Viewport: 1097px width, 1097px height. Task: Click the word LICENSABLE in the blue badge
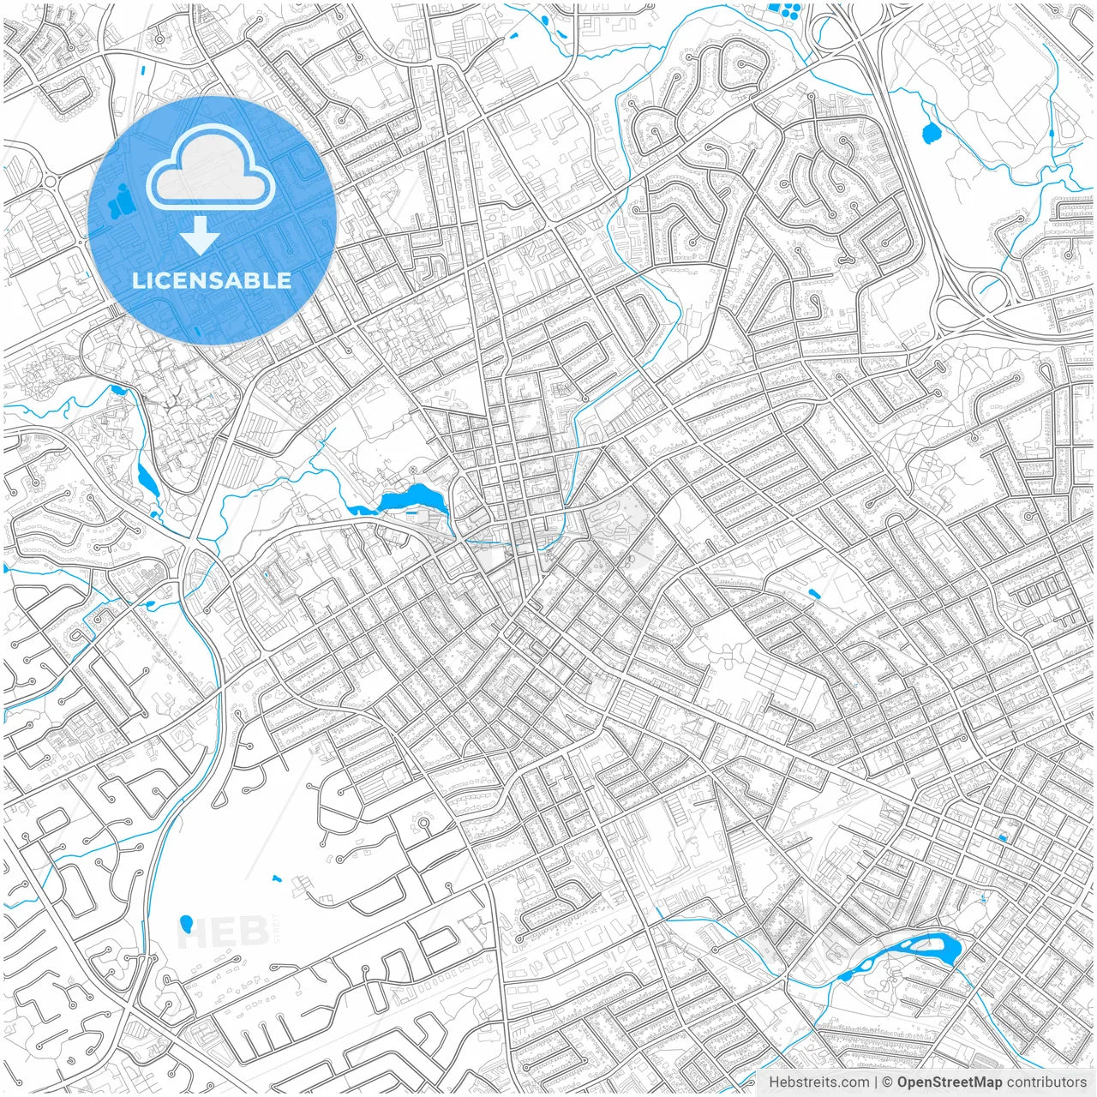click(212, 280)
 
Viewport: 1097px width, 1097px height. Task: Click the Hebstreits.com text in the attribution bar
click(818, 1082)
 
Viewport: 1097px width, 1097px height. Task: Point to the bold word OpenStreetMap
click(949, 1082)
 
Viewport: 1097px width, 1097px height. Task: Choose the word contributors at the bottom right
click(1046, 1082)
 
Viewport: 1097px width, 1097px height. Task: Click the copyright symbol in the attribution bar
click(888, 1082)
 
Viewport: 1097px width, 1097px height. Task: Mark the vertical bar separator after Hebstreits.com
click(876, 1082)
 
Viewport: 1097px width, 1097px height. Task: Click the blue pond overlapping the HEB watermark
click(186, 924)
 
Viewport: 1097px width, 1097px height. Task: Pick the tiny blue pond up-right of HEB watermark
click(277, 878)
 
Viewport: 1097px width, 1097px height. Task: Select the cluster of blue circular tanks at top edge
click(783, 12)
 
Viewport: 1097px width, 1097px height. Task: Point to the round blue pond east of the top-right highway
click(929, 133)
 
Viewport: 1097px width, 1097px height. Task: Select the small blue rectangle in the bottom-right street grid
click(1002, 836)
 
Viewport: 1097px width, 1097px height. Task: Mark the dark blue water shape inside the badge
click(122, 202)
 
